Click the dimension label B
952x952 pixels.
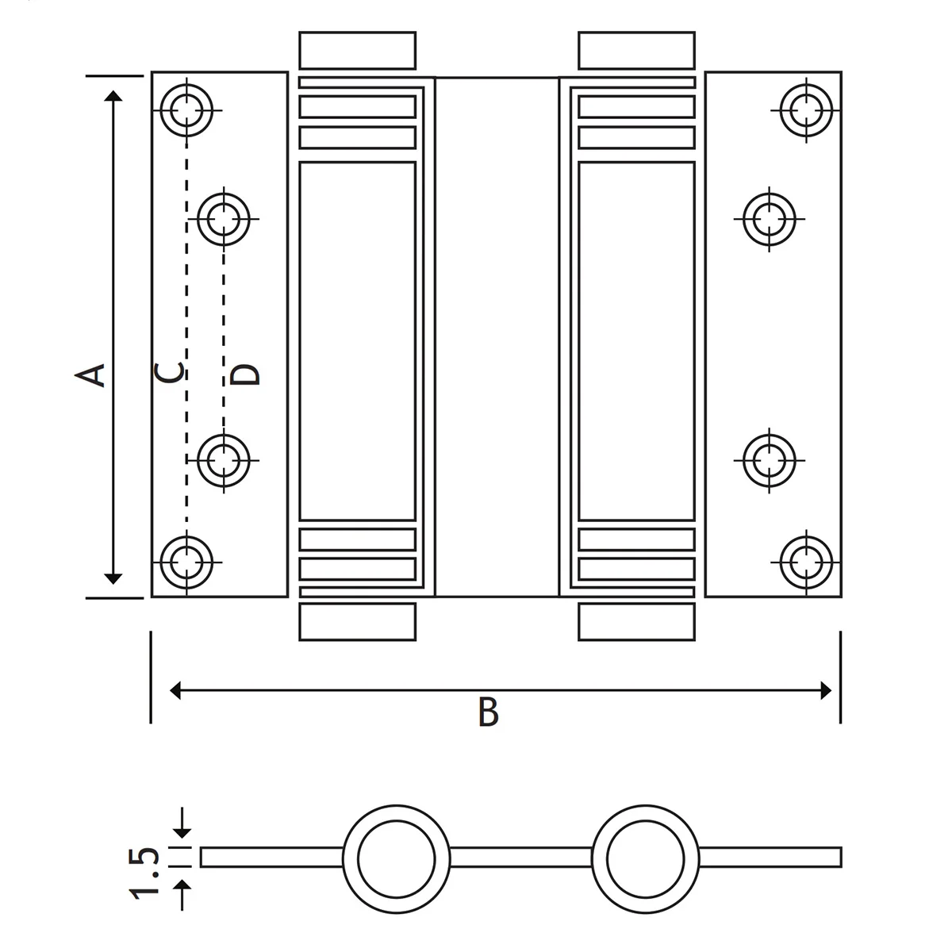point(489,712)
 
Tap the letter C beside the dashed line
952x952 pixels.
point(170,371)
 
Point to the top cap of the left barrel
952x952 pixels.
point(357,50)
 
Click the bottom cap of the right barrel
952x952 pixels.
point(637,621)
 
